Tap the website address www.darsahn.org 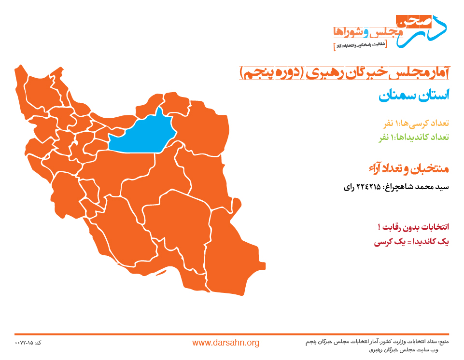click(x=226, y=343)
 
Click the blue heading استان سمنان click(x=414, y=95)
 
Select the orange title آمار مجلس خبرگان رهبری click(x=377, y=73)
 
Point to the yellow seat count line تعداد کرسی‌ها click(x=416, y=123)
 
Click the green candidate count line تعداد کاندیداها click(x=414, y=137)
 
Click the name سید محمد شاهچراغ click(x=416, y=187)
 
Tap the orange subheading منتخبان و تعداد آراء click(x=409, y=168)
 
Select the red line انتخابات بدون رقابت click(x=413, y=227)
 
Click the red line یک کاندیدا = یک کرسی click(x=411, y=242)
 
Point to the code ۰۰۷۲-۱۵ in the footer click(x=28, y=343)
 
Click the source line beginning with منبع click(x=377, y=342)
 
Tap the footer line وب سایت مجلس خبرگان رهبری click(x=403, y=350)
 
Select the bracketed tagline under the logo click(x=360, y=45)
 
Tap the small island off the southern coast click(x=161, y=273)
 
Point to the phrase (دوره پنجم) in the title click(x=271, y=73)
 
